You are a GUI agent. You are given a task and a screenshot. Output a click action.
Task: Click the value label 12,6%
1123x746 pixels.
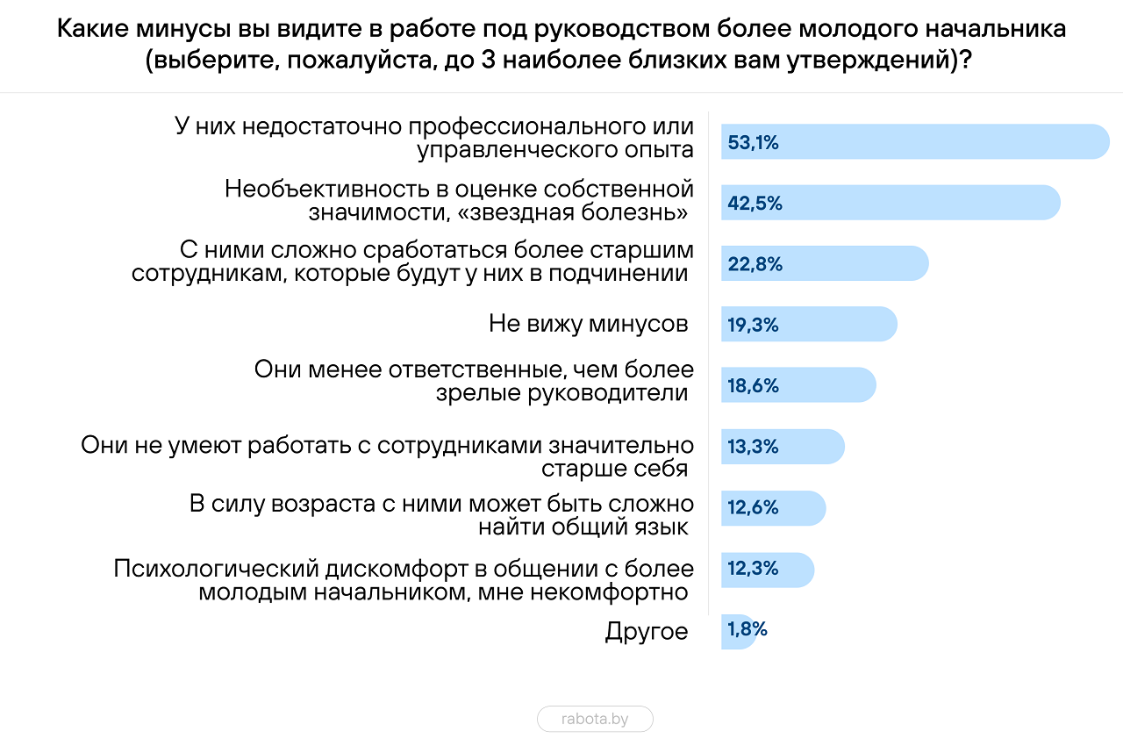point(753,507)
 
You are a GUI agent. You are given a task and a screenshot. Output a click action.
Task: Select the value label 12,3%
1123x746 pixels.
point(753,569)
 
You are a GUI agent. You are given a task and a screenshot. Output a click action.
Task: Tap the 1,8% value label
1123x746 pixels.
point(747,629)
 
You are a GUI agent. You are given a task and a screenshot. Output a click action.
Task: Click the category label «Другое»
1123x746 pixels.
point(647,631)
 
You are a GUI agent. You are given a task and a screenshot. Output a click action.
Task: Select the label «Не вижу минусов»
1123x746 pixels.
point(589,324)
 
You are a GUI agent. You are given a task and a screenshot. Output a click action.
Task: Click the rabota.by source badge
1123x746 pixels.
point(595,719)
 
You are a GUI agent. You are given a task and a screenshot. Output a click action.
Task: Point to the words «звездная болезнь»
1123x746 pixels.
point(573,212)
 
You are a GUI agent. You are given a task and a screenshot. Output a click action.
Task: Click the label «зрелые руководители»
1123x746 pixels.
point(561,393)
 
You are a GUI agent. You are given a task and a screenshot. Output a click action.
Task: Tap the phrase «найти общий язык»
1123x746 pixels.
point(583,527)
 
